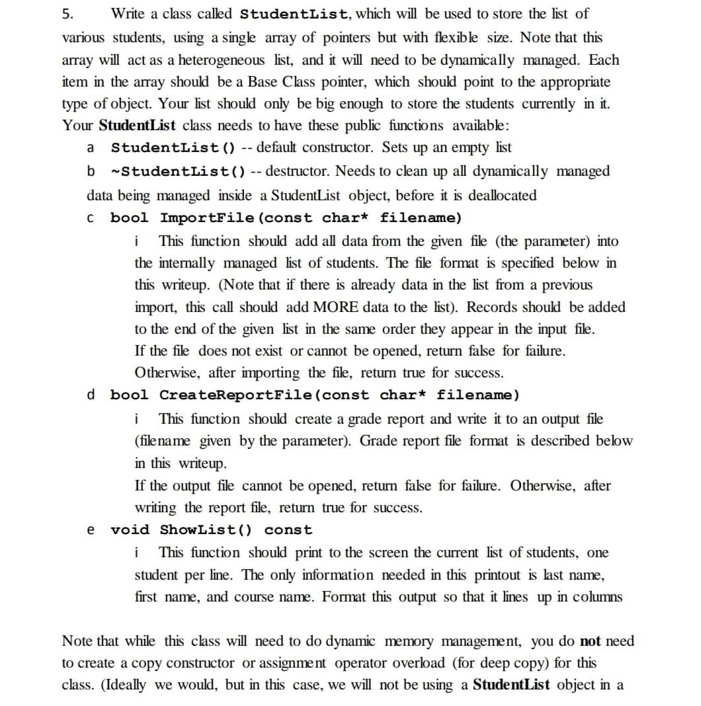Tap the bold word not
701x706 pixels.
click(x=590, y=641)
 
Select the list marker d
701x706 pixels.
click(x=91, y=395)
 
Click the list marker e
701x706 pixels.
click(x=91, y=530)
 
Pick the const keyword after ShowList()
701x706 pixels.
click(x=288, y=530)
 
